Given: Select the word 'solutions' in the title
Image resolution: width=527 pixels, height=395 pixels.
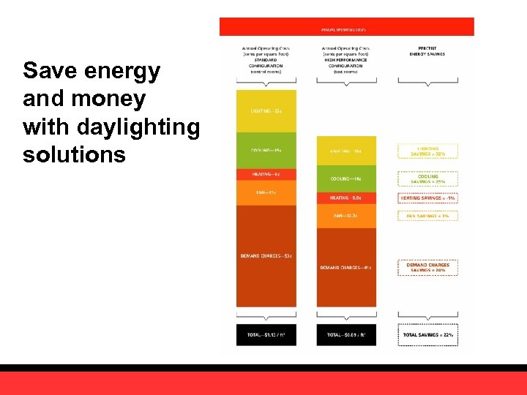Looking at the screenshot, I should pos(74,155).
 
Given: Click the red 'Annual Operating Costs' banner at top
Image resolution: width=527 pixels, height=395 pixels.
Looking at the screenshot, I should pos(346,27).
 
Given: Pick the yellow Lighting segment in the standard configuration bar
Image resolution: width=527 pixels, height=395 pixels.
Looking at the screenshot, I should pos(266,110).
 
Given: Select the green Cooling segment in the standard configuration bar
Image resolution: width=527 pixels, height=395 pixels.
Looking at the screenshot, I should pos(266,151).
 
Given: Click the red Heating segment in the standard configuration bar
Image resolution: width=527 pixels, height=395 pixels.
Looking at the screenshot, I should pos(266,174).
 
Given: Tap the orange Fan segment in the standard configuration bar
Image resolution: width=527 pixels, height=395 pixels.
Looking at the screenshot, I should pos(266,192).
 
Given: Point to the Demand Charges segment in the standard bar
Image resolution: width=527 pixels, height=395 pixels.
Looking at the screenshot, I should pos(266,255).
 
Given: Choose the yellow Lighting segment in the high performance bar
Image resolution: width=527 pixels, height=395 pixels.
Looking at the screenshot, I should pos(346,151).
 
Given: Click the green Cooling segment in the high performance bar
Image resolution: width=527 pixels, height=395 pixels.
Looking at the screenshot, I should pos(346,178).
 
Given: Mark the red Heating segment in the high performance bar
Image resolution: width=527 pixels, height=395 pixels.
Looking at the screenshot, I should pos(346,197).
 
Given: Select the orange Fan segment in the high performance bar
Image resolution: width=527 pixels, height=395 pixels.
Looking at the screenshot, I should pos(346,216).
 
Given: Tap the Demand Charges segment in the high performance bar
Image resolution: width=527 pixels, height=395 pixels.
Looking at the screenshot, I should pos(346,267).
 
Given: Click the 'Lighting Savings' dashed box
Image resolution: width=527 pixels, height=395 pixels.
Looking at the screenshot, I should pos(427,151).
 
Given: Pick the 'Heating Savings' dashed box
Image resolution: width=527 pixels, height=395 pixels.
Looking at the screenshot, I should pos(427,197).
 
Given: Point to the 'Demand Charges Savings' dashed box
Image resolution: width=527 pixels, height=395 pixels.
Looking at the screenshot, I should pos(427,267).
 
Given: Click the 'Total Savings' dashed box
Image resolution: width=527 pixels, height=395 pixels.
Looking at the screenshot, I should pos(427,334).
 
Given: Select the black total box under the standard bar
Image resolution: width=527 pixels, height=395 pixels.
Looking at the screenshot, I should pos(266,334).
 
